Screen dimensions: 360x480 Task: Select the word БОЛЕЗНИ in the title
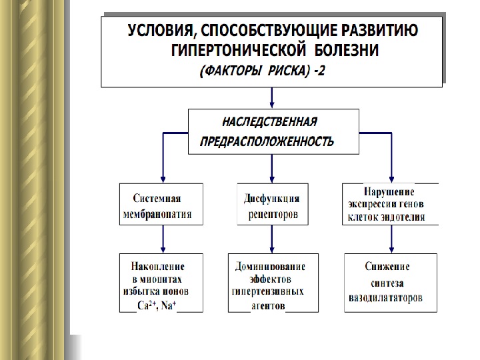pyautogui.click(x=347, y=50)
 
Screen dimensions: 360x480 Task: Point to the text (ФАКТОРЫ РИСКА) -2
pyautogui.click(x=263, y=71)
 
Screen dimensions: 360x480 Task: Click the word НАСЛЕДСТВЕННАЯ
pyautogui.click(x=269, y=122)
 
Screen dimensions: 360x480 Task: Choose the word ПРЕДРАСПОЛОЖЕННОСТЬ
pyautogui.click(x=267, y=142)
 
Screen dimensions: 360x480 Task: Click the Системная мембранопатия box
pyautogui.click(x=161, y=205)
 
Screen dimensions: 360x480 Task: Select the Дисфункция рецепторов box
pyautogui.click(x=273, y=205)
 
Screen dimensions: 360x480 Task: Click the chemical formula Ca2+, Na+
pyautogui.click(x=157, y=306)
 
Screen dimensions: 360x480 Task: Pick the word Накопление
pyautogui.click(x=157, y=267)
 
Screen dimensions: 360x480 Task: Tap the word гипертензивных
pyautogui.click(x=269, y=292)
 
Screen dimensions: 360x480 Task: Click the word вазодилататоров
pyautogui.click(x=385, y=298)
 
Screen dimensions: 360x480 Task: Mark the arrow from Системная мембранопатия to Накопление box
pyautogui.click(x=161, y=239)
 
